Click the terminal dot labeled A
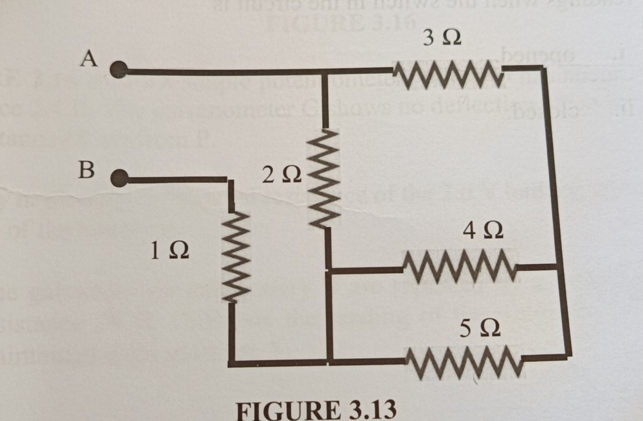[119, 69]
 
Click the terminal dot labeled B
[119, 178]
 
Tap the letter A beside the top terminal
[88, 58]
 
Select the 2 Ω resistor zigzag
[324, 177]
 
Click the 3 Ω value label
[442, 39]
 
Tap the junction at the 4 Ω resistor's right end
[557, 266]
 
